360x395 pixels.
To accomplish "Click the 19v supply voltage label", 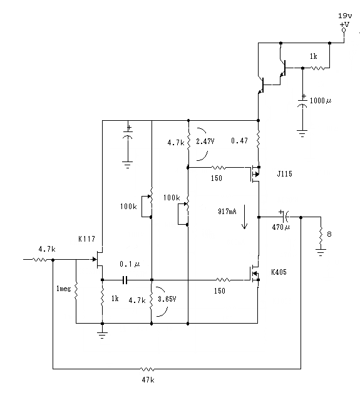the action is pyautogui.click(x=345, y=16).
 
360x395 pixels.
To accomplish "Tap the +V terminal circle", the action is pyautogui.click(x=344, y=30).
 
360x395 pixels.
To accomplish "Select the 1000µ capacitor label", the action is pyautogui.click(x=321, y=101).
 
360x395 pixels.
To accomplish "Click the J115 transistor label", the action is pyautogui.click(x=284, y=174).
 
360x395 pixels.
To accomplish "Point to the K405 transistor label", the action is pyautogui.click(x=279, y=272).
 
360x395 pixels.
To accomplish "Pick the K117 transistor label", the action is pyautogui.click(x=86, y=239).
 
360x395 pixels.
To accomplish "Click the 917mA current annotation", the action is pyautogui.click(x=227, y=212).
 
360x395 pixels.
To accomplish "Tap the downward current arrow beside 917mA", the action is pyautogui.click(x=244, y=217).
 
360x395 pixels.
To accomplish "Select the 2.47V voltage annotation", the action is pyautogui.click(x=205, y=141).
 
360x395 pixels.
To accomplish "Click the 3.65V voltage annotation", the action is pyautogui.click(x=167, y=299).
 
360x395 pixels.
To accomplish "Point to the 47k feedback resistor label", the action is pyautogui.click(x=148, y=380).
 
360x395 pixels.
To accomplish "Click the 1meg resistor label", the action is pyautogui.click(x=63, y=289).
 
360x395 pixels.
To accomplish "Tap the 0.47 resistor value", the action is pyautogui.click(x=239, y=141).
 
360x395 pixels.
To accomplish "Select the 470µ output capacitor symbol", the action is pyautogui.click(x=285, y=217).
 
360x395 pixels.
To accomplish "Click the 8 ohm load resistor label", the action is pyautogui.click(x=329, y=234).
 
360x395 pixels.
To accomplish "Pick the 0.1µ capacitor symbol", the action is pyautogui.click(x=125, y=280).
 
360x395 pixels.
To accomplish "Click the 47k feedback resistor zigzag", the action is pyautogui.click(x=147, y=369).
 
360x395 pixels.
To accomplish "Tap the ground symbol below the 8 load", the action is pyautogui.click(x=321, y=252).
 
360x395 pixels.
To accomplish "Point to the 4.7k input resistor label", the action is pyautogui.click(x=47, y=249).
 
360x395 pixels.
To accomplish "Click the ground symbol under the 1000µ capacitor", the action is pyautogui.click(x=302, y=133).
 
